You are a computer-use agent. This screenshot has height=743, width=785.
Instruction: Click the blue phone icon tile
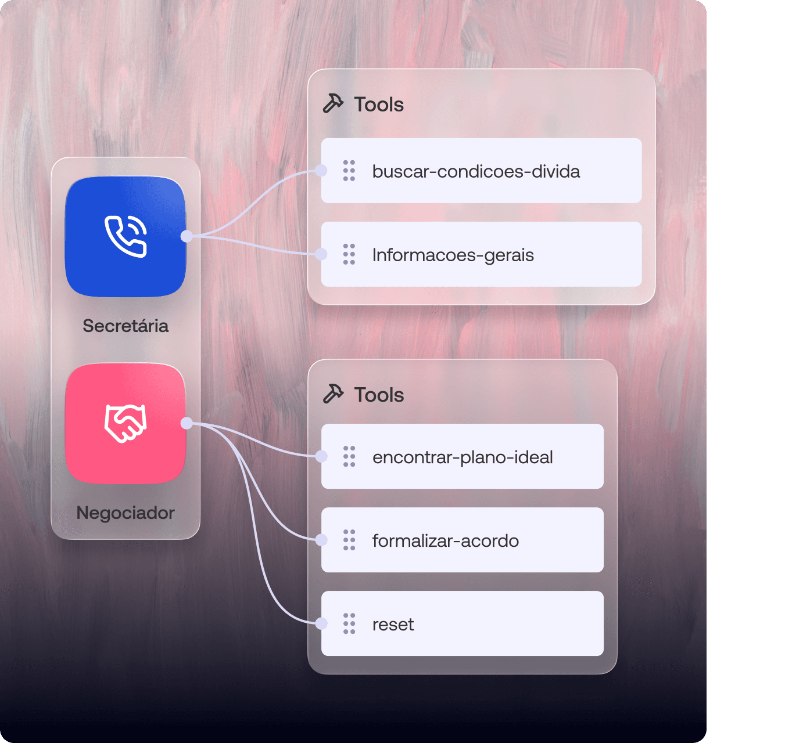pos(126,236)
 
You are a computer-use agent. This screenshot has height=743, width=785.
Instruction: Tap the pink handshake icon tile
pos(126,423)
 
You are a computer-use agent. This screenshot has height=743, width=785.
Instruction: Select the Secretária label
pos(126,326)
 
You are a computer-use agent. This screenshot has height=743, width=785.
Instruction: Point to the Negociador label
pos(126,513)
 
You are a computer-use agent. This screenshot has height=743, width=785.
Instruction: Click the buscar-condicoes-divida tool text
pos(476,171)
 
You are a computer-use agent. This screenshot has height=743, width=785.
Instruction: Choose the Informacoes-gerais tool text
pos(453,255)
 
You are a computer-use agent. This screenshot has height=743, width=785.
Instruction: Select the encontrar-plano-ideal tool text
pos(463,457)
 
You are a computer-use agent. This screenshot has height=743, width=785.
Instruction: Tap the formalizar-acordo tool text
pos(446,540)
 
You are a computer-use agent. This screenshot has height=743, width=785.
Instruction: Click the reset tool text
pos(393,624)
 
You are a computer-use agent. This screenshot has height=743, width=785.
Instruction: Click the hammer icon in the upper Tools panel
pos(334,104)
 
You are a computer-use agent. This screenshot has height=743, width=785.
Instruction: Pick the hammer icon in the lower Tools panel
pos(334,394)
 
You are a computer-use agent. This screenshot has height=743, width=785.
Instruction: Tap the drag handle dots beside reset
pos(349,623)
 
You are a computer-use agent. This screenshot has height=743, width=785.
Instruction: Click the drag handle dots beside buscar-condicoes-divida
pos(349,171)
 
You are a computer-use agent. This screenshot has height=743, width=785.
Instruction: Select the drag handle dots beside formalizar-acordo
pos(349,540)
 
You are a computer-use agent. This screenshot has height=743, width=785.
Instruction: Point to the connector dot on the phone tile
pos(187,236)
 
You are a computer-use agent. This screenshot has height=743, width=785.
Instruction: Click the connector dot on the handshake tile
pos(187,423)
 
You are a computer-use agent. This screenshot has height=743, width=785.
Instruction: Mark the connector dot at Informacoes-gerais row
pos(321,254)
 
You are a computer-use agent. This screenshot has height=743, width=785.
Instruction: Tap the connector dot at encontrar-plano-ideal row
pos(321,456)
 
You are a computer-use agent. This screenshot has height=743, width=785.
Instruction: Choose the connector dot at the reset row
pos(321,623)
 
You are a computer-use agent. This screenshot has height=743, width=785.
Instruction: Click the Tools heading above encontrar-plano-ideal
pos(379,395)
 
